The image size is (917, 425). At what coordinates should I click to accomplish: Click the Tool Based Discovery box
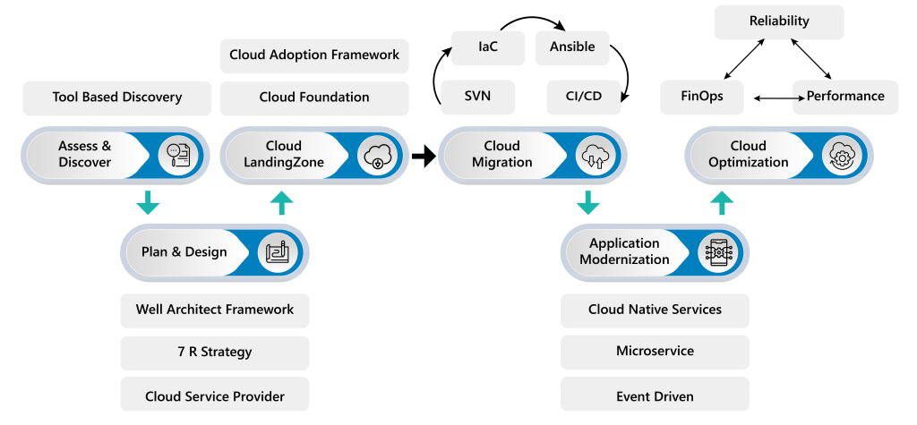coord(116,98)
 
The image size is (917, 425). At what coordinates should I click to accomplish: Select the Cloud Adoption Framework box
coord(314,55)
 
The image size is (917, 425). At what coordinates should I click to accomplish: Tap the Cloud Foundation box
coord(314,98)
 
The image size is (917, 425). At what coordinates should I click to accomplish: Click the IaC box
coord(487,47)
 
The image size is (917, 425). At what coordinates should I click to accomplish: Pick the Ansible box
coord(572,47)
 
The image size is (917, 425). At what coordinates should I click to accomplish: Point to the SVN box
coord(477,97)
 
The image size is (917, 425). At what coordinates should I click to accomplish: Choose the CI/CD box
coord(584,97)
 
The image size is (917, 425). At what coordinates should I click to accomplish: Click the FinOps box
coord(702,97)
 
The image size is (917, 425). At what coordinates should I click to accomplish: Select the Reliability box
coord(778,21)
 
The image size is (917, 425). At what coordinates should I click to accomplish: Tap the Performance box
coord(845,97)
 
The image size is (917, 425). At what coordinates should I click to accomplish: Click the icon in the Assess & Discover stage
coord(176,156)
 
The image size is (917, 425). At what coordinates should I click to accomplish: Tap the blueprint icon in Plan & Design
coord(275,252)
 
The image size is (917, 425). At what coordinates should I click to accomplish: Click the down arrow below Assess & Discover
coord(147,202)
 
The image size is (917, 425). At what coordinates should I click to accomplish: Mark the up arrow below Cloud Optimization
coord(722,202)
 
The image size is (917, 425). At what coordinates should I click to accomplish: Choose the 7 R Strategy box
coord(215,353)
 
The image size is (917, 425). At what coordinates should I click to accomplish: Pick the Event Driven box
coord(655,395)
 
